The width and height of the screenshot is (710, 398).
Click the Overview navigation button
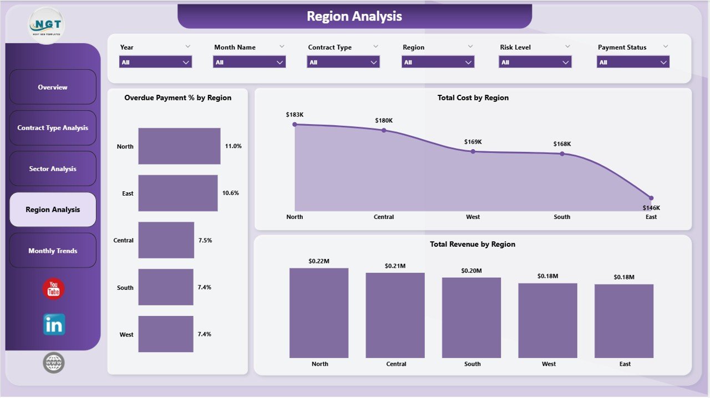[x=53, y=87]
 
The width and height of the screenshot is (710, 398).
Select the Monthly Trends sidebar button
[x=53, y=251]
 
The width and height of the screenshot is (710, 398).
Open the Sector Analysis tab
[x=53, y=169]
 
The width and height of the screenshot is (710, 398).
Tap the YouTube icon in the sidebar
[x=54, y=289]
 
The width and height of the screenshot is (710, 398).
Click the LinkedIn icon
[x=54, y=325]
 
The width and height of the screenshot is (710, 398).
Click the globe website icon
[x=54, y=363]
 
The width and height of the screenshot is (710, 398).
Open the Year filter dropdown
[x=155, y=62]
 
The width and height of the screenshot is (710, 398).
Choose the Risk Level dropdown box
[x=535, y=62]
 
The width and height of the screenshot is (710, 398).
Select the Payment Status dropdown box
[x=633, y=62]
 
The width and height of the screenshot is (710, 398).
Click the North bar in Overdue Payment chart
[x=179, y=146]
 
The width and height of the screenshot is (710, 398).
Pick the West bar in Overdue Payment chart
[x=166, y=334]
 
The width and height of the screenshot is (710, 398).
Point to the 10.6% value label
[x=231, y=193]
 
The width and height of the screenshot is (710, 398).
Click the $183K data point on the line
[x=295, y=125]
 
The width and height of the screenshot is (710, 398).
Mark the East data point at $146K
[x=651, y=198]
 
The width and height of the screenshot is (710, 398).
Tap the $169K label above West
[x=473, y=142]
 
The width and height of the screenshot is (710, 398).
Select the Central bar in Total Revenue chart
[x=395, y=315]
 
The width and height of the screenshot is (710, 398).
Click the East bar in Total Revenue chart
[x=624, y=321]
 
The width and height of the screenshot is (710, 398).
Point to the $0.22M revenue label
[x=319, y=261]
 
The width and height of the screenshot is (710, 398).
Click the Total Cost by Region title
[x=473, y=98]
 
